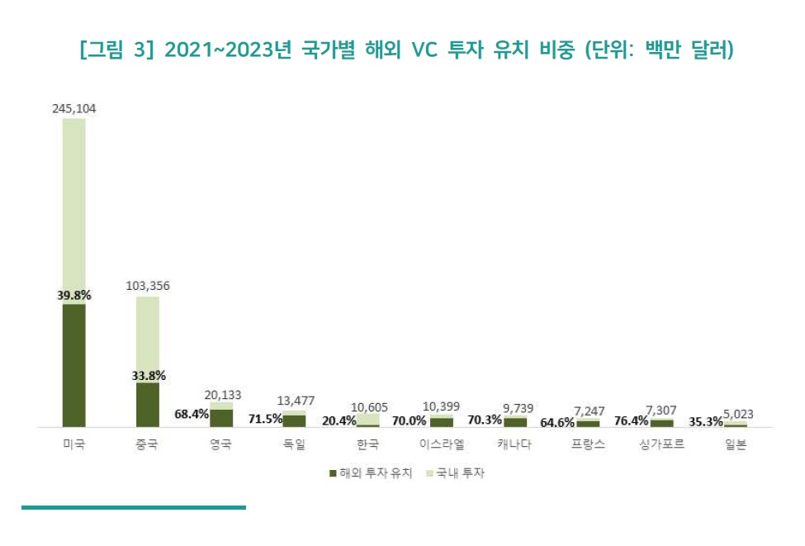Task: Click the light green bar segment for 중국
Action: [x=148, y=339]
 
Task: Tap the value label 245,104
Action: [x=73, y=108]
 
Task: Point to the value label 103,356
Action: [x=148, y=286]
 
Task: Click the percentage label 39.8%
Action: [x=73, y=295]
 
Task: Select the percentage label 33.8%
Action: [x=149, y=375]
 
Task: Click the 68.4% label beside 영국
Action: [x=192, y=413]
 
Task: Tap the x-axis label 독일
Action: [x=294, y=444]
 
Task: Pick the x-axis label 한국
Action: [x=368, y=444]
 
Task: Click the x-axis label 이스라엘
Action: [x=442, y=444]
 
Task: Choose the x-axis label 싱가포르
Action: [x=661, y=444]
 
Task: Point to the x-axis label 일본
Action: [x=735, y=444]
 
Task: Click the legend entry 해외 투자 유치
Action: [x=367, y=473]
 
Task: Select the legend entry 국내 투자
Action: [x=454, y=473]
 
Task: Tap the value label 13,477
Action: [x=295, y=401]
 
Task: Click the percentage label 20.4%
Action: [x=339, y=420]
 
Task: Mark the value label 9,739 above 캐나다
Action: [x=515, y=408]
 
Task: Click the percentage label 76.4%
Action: [x=632, y=420]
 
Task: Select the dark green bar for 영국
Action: [x=221, y=418]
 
